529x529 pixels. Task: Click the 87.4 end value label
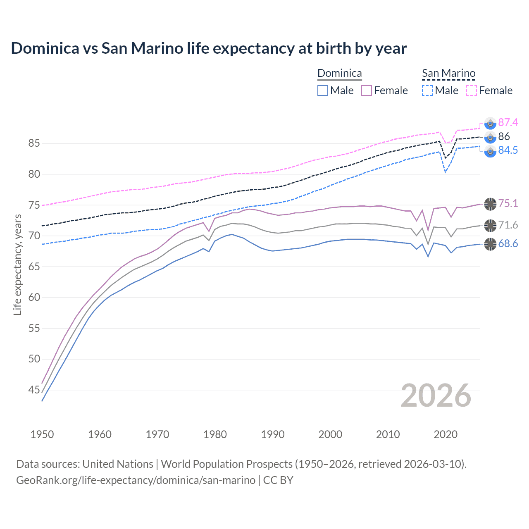pos(508,122)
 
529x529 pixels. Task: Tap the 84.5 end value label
pos(508,150)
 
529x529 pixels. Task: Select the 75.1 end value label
pos(508,203)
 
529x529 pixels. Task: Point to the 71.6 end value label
pos(508,225)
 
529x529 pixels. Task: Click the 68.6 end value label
pos(508,243)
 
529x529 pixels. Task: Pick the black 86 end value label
pos(504,136)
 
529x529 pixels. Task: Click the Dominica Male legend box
pos(323,91)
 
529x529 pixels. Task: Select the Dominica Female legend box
pos(367,91)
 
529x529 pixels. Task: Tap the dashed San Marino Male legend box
pos(427,91)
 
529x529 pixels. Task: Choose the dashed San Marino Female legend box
pos(472,91)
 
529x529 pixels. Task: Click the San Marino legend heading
pos(448,73)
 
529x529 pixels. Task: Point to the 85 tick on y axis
pos(34,143)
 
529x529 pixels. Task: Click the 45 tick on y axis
pos(34,390)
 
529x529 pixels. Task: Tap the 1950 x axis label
pos(42,434)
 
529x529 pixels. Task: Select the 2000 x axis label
pos(330,434)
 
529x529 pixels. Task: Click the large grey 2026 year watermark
pos(436,396)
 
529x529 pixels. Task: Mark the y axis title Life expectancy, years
pos(17,264)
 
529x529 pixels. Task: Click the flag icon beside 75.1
pos(490,204)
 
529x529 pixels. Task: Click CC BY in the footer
pos(278,480)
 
